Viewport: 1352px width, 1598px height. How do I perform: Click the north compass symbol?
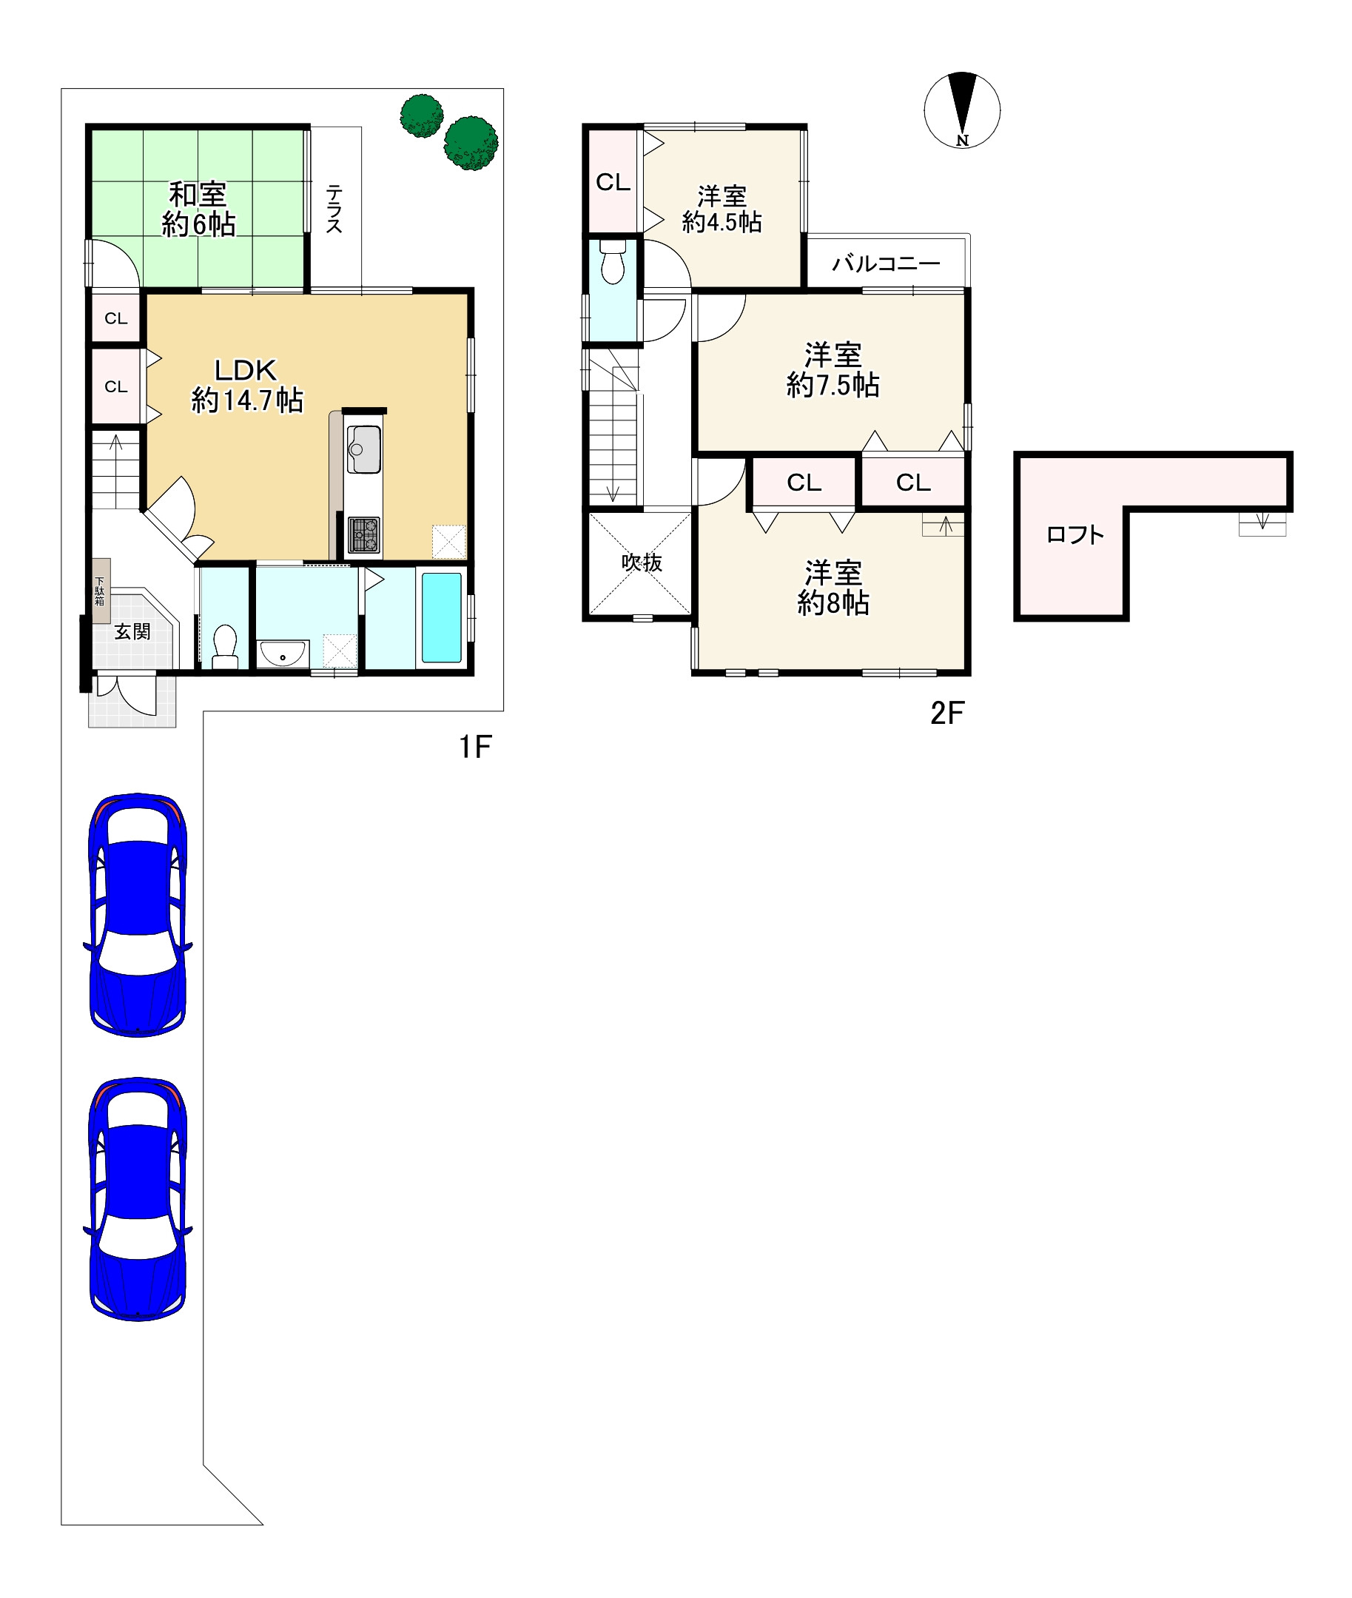(x=962, y=110)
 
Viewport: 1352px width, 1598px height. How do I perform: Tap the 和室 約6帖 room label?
(x=198, y=209)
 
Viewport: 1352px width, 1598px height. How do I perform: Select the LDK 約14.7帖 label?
(x=247, y=386)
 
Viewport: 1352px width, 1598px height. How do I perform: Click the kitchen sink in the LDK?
(x=363, y=449)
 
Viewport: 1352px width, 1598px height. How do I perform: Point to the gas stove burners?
(x=363, y=535)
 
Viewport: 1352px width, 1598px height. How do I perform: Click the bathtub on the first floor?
(x=443, y=617)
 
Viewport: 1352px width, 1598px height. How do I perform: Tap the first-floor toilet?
(x=224, y=646)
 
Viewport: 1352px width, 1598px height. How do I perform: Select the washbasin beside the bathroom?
(x=283, y=654)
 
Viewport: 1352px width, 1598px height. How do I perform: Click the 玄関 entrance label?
(x=132, y=631)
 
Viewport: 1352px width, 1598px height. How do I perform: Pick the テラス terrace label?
(x=334, y=208)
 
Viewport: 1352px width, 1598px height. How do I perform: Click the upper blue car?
(x=138, y=915)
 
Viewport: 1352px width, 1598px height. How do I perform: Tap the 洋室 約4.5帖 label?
(x=722, y=209)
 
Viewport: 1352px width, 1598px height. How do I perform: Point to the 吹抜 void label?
(x=642, y=563)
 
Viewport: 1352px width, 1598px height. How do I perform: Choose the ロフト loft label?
(x=1075, y=534)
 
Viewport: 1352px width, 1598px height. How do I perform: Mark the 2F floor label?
(x=947, y=713)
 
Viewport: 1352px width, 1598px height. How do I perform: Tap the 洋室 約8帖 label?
(x=833, y=588)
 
